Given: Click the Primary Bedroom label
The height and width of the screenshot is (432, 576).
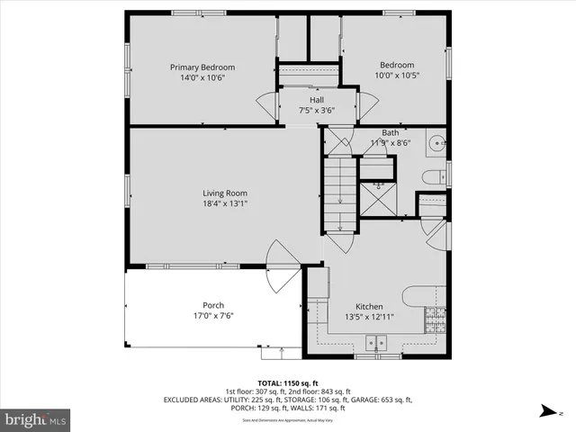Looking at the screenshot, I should click(x=202, y=67).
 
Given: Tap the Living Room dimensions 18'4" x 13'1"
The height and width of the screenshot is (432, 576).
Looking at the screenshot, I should click(x=224, y=204).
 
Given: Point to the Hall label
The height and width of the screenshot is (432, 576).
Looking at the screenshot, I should click(x=316, y=100).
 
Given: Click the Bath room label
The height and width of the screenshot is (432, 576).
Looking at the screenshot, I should click(x=390, y=132).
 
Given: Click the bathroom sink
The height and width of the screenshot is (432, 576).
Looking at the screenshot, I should click(x=436, y=142).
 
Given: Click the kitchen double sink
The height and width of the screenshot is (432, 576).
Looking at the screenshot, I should click(x=376, y=342).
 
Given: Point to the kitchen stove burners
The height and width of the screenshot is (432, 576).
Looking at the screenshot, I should click(x=436, y=318).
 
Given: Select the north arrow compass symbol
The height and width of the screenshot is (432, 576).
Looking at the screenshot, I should click(x=546, y=412).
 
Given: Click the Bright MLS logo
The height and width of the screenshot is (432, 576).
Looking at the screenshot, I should click(x=36, y=418).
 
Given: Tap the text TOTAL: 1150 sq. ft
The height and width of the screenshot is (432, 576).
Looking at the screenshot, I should click(x=287, y=382).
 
